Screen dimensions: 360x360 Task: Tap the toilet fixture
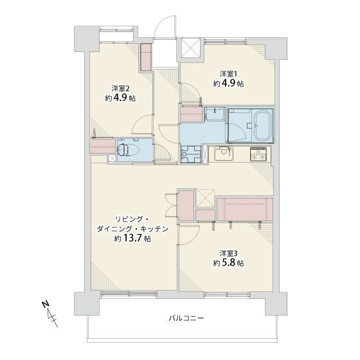128,150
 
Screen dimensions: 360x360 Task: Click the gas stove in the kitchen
258,154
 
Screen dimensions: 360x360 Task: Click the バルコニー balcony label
186,318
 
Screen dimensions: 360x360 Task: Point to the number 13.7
132,239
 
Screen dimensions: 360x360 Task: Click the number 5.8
228,263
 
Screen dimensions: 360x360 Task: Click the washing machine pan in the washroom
191,154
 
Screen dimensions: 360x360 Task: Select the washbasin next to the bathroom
215,114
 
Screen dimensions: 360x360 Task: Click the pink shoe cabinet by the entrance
147,57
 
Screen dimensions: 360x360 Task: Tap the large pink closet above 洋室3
245,210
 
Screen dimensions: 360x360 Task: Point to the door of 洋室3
190,235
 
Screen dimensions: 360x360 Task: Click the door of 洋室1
192,93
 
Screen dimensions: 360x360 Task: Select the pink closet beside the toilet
102,146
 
